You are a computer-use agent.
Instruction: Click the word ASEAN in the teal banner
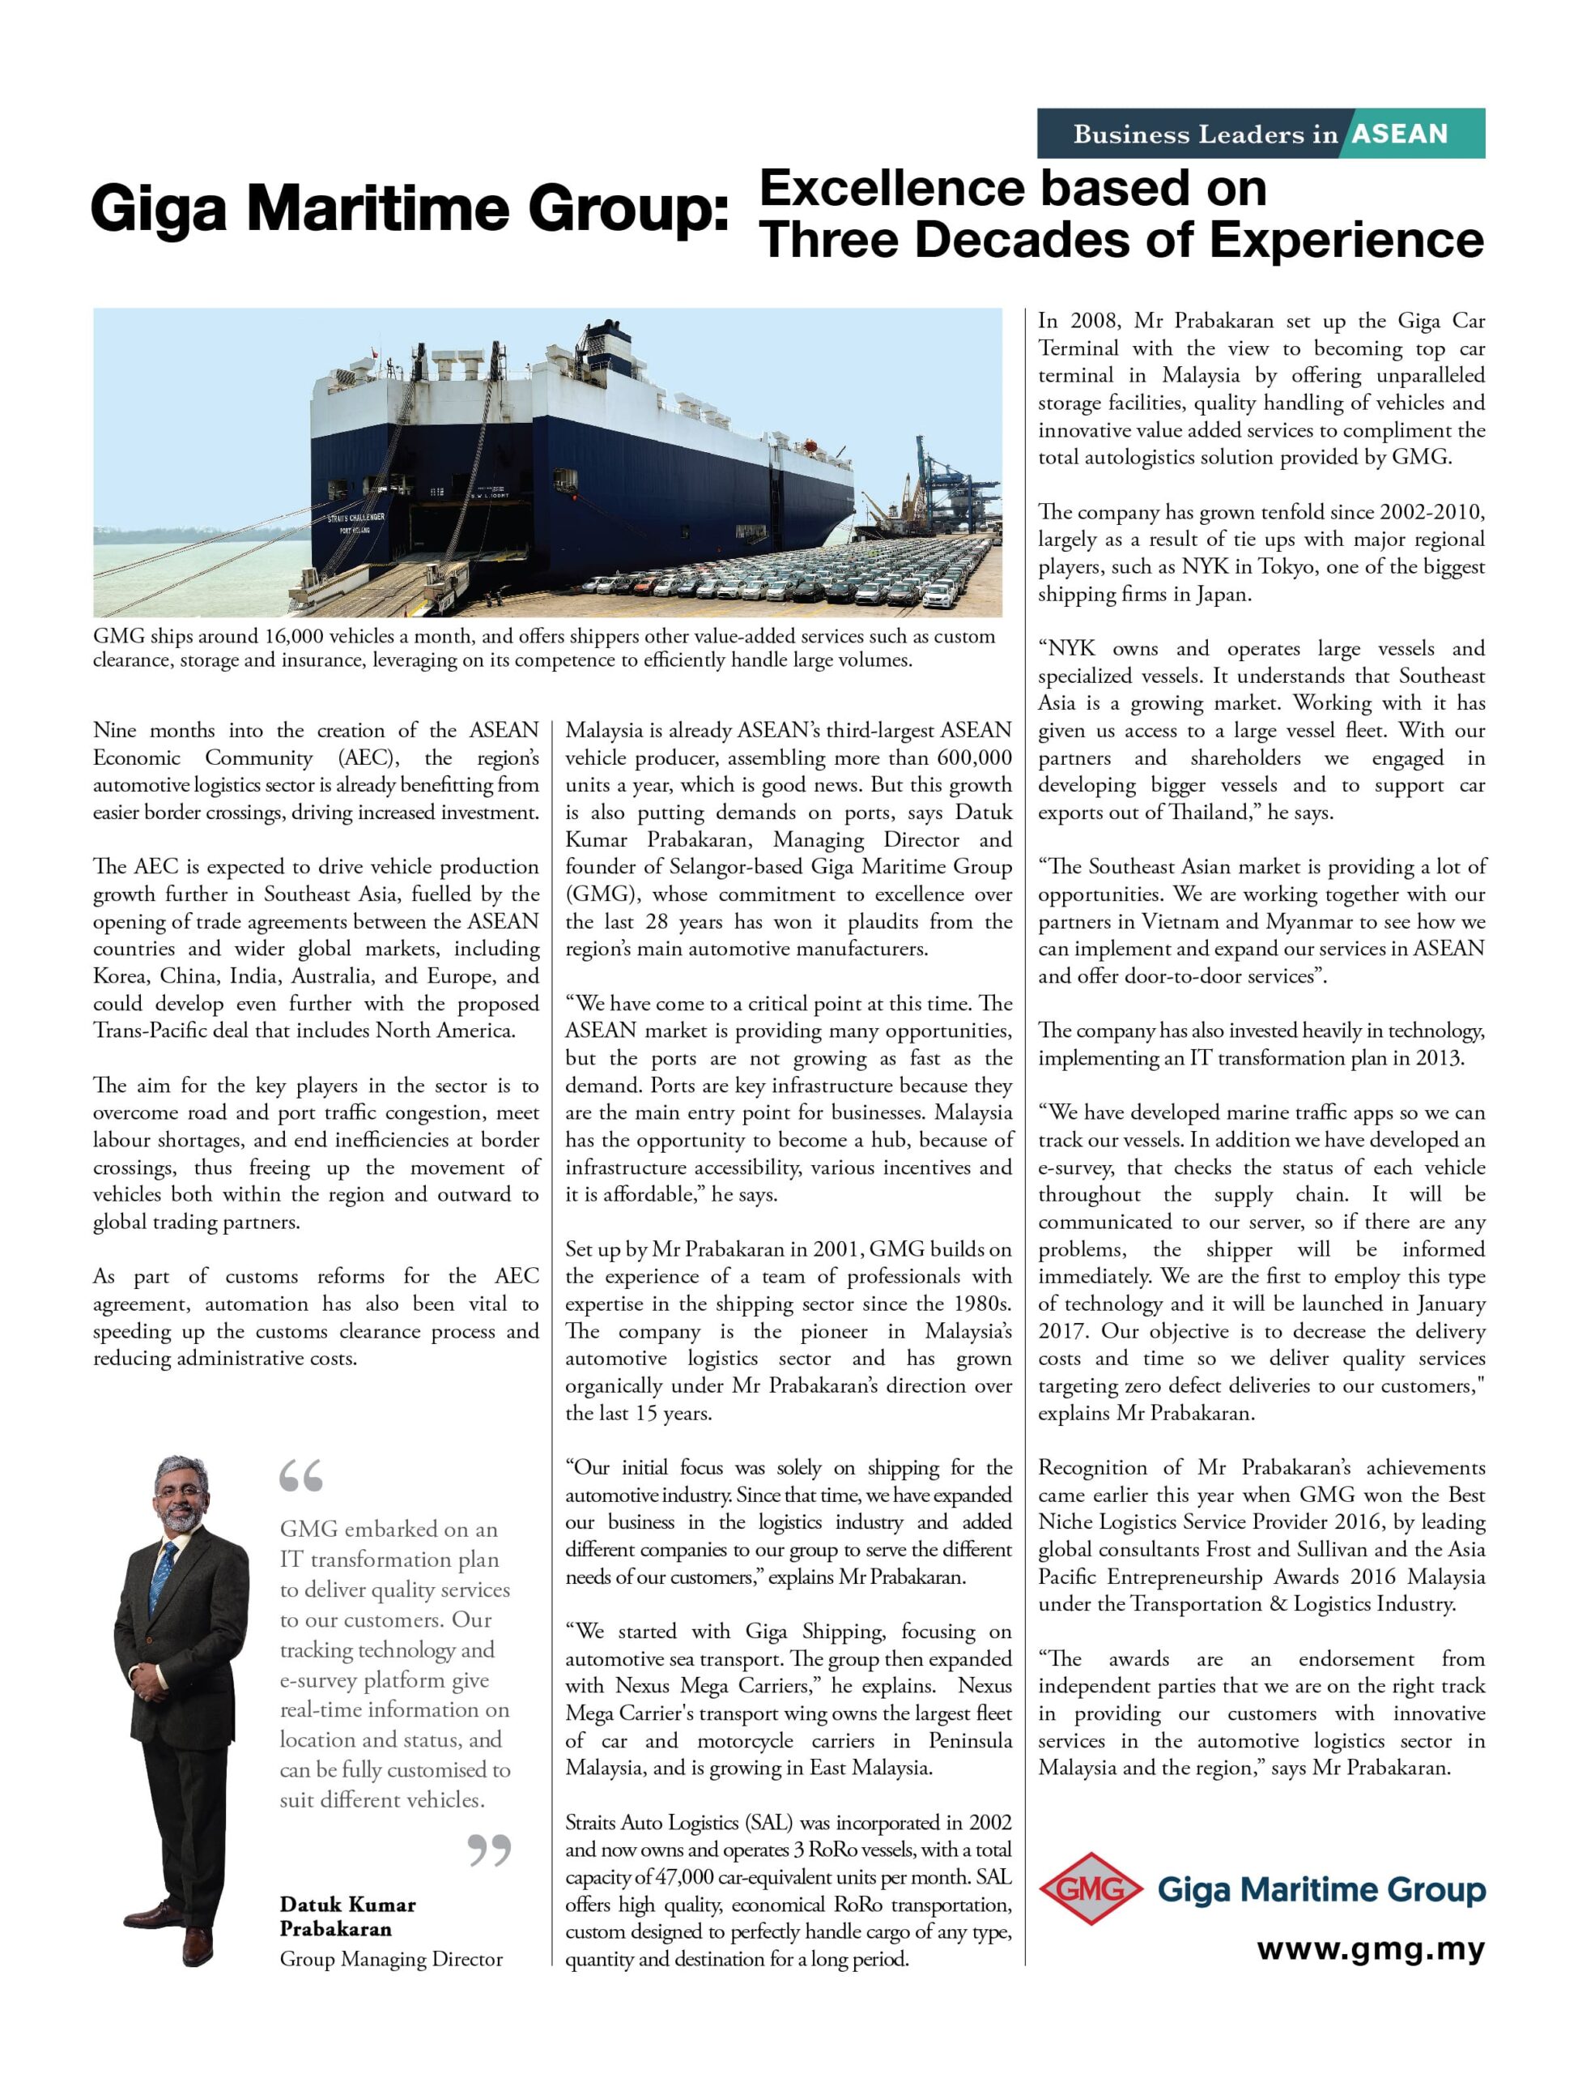click(x=1400, y=134)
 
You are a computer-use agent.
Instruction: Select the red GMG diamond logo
click(x=1090, y=1888)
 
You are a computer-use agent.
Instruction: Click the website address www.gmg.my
click(x=1371, y=1949)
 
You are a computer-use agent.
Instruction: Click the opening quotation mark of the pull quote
click(x=300, y=1476)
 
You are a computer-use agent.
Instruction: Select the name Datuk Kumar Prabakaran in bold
click(x=347, y=1916)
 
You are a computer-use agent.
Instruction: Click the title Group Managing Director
click(x=391, y=1959)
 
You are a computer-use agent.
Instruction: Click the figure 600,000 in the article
click(x=974, y=757)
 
